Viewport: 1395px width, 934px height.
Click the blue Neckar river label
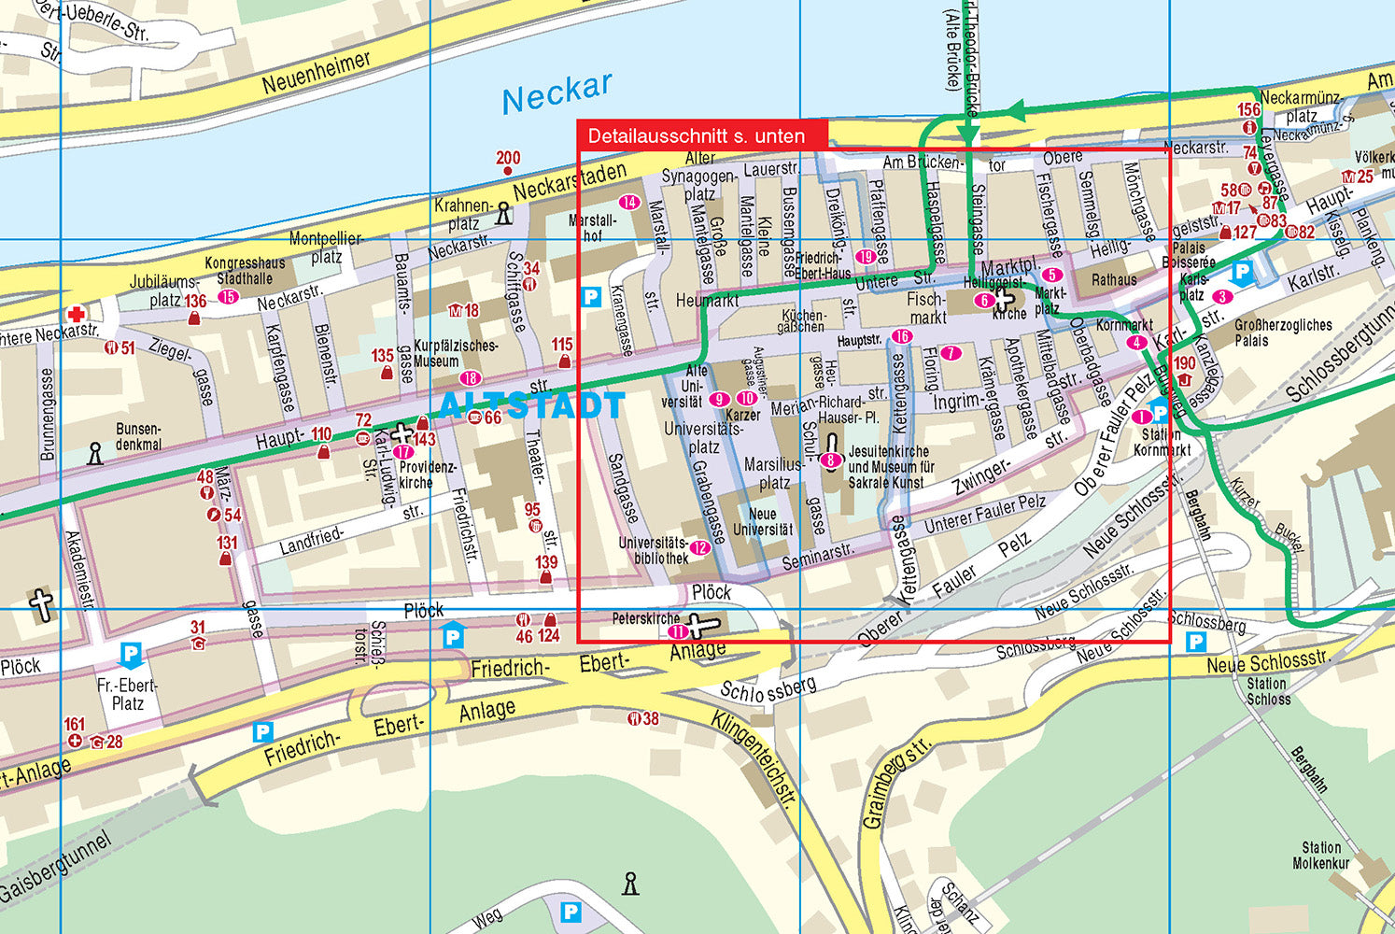click(557, 92)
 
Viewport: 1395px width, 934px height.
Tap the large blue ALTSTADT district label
click(530, 405)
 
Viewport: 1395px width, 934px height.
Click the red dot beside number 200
click(507, 172)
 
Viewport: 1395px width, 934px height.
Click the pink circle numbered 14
click(629, 203)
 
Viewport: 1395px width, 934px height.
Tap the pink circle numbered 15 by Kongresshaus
click(228, 297)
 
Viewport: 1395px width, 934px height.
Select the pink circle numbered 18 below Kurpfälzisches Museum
click(470, 378)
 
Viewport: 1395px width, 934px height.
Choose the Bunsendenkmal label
click(138, 436)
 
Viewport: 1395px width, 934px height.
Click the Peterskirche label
click(646, 618)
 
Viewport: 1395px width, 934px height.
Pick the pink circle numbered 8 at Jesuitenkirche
click(829, 460)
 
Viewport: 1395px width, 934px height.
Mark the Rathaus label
click(1114, 279)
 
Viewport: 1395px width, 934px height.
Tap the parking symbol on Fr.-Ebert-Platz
click(131, 655)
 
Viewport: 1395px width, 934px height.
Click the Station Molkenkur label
click(1320, 856)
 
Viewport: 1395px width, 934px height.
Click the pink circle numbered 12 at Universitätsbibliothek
click(699, 548)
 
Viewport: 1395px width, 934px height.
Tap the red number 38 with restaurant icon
click(644, 718)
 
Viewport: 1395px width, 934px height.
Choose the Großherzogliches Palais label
click(1283, 333)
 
